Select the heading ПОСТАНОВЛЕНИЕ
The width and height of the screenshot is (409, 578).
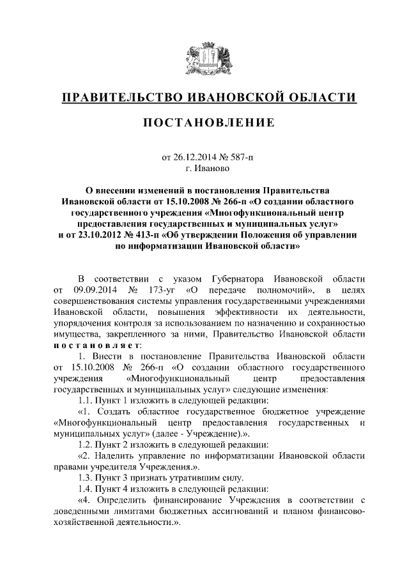204,123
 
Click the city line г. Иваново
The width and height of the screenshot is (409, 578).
204,169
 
